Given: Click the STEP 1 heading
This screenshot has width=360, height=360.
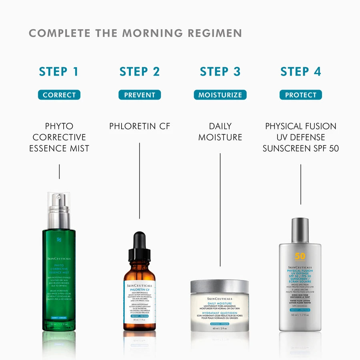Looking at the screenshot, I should (x=59, y=72).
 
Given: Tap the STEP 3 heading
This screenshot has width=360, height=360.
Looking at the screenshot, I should (x=220, y=72).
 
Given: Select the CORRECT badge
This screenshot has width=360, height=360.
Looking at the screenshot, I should (x=59, y=95).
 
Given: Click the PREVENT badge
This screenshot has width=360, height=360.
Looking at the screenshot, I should (x=140, y=95).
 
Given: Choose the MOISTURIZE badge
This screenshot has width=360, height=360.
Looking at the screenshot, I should (x=220, y=95).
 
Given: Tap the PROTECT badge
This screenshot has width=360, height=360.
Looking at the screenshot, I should (x=300, y=95).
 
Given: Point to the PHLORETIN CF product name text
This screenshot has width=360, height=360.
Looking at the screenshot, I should (x=140, y=126).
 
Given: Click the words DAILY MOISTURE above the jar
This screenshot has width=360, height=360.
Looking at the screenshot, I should (x=220, y=132).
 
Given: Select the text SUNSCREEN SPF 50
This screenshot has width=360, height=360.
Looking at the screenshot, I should (x=300, y=148).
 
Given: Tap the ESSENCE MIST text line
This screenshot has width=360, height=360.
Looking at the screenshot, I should (x=59, y=148).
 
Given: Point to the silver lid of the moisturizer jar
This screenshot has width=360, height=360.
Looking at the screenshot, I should (x=220, y=287).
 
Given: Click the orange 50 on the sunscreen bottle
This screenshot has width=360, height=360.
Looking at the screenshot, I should (x=300, y=256).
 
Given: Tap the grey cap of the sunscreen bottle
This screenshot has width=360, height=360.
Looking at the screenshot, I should (x=300, y=230).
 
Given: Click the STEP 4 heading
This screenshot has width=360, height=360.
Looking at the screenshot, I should (x=300, y=72).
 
